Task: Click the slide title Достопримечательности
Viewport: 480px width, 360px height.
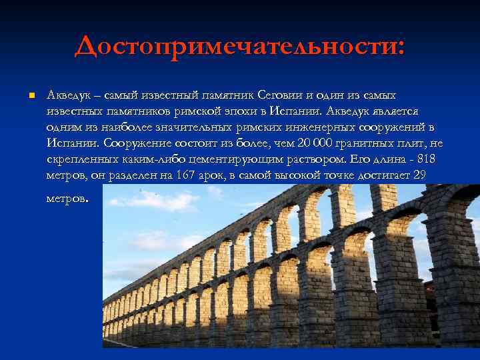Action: (239, 46)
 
